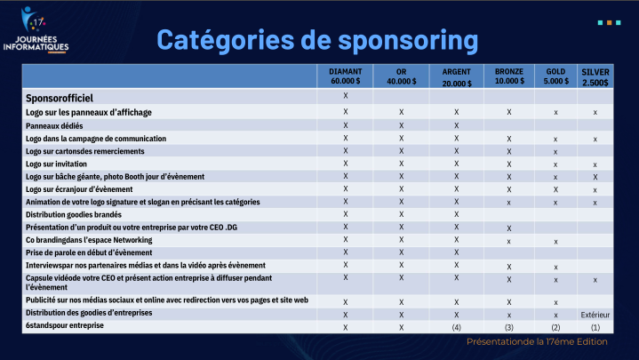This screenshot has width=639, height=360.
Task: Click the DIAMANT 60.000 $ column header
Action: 345,76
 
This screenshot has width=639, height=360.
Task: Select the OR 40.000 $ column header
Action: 401,76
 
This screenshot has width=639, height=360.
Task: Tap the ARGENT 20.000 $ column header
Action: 456,76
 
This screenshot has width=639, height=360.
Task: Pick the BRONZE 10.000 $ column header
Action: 508,76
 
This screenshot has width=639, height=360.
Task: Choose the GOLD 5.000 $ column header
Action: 555,76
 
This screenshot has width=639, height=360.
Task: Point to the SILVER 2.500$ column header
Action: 595,76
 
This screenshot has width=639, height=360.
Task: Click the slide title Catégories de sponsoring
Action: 317,40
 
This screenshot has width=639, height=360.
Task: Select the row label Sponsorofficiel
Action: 60,97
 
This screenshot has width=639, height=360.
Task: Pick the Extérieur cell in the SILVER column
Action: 595,314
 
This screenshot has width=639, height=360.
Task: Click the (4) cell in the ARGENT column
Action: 456,327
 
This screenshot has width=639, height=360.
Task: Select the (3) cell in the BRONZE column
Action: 508,327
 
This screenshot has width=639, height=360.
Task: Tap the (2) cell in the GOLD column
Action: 555,327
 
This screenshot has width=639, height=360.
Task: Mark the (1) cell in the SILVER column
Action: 595,327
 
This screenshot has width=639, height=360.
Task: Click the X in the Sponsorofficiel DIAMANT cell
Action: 345,95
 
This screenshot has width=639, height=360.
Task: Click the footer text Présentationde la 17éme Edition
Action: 537,341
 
